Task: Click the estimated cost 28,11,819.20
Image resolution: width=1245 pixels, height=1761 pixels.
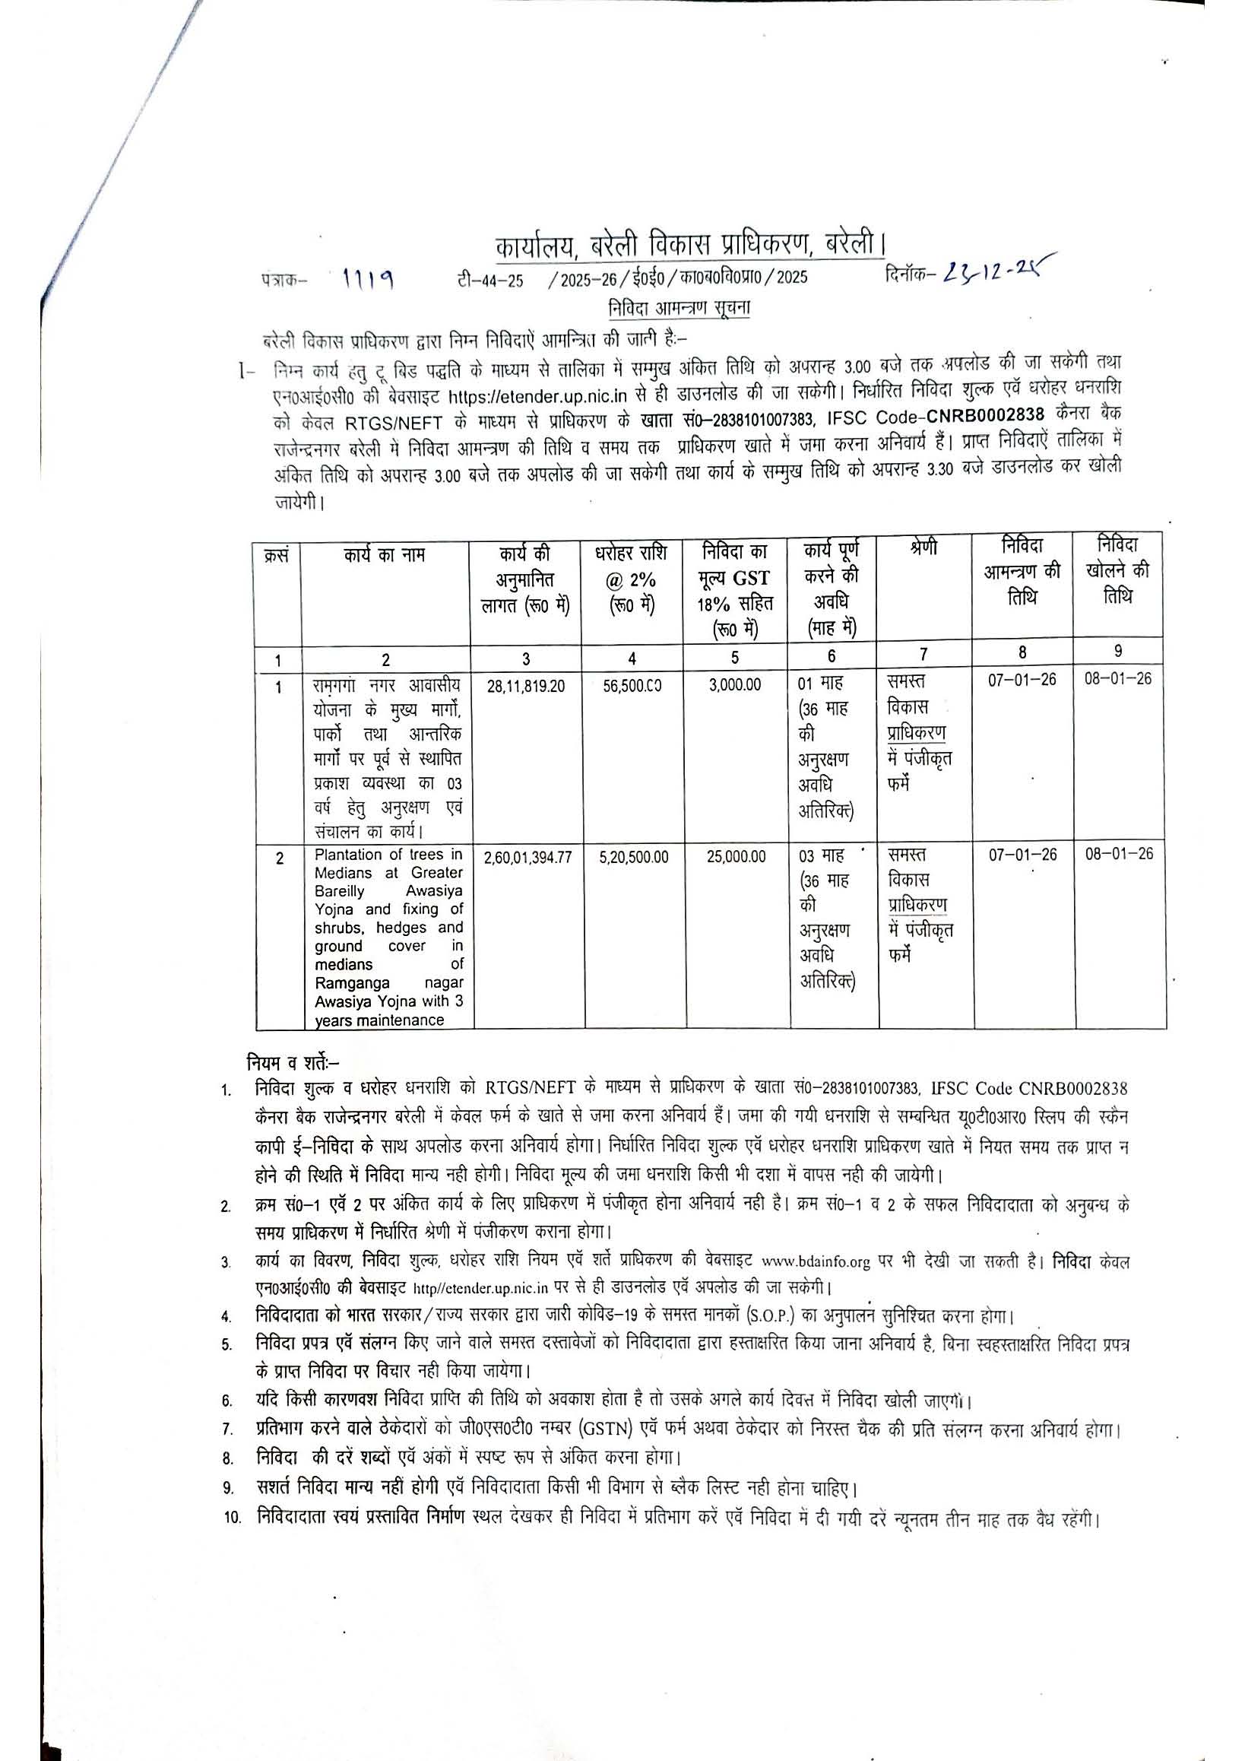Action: [526, 686]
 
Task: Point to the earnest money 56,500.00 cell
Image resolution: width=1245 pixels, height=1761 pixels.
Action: [632, 686]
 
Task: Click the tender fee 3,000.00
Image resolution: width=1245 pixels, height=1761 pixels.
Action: [735, 685]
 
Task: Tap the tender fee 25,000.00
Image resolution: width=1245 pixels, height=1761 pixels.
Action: [736, 857]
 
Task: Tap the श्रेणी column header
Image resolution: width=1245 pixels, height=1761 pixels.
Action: [925, 550]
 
